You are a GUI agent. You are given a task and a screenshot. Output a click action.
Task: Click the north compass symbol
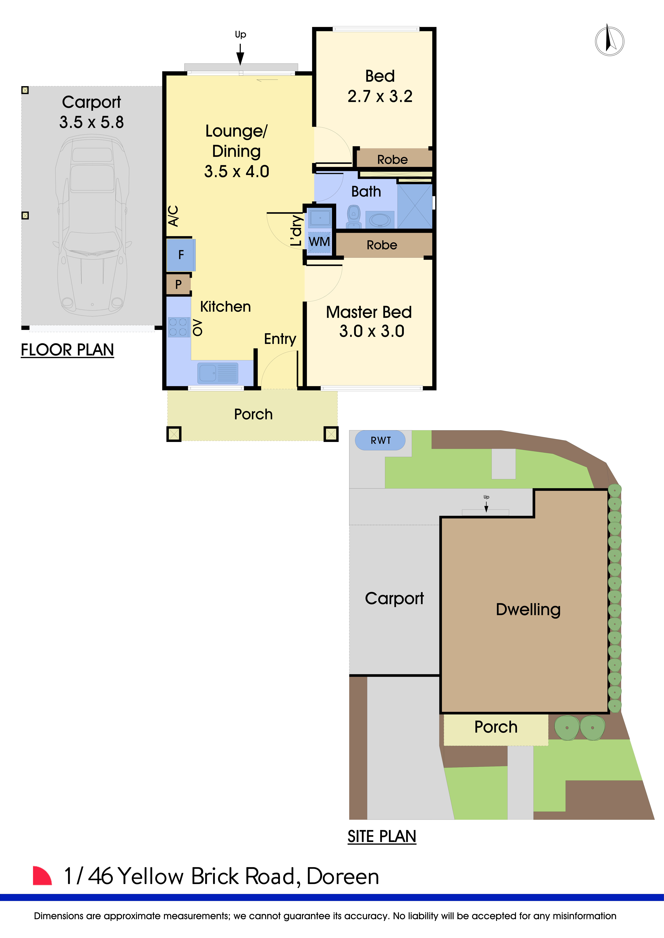609,41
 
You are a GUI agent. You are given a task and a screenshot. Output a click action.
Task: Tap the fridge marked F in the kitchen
181,255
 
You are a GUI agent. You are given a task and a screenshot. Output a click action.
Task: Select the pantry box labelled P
178,284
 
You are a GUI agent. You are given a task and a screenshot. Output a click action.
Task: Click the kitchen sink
218,373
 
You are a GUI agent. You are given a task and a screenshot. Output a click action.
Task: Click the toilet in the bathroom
354,217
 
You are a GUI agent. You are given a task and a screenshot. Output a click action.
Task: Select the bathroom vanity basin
380,220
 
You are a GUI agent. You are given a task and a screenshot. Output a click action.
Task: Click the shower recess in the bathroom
415,206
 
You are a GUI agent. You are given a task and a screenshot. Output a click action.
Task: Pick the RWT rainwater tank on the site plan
380,440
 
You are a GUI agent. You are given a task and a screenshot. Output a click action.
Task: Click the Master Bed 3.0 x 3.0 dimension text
372,331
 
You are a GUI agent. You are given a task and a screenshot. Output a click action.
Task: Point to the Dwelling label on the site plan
528,610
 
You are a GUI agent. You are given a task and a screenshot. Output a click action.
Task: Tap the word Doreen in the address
343,877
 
